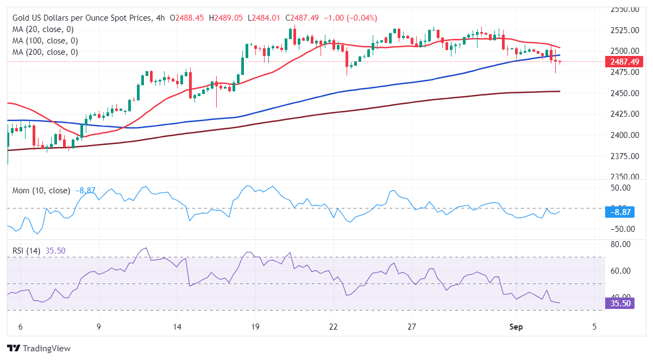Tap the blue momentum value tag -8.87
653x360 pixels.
click(619, 212)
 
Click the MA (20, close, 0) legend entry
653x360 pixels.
click(43, 29)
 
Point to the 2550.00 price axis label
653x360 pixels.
click(623, 9)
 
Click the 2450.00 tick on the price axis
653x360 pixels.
click(623, 93)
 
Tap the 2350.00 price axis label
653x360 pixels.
click(623, 177)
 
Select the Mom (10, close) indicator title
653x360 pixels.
click(41, 191)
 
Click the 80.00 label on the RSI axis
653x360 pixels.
click(620, 244)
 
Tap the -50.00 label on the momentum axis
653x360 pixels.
click(619, 229)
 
